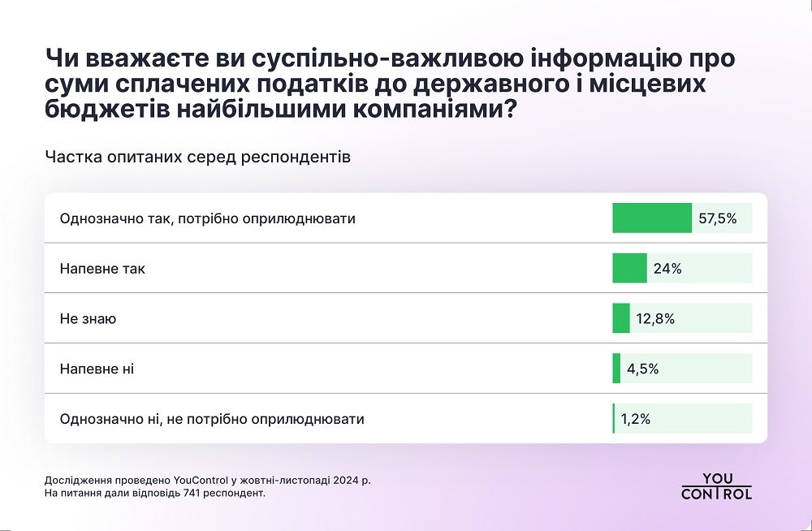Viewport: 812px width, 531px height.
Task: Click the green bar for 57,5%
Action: click(x=651, y=218)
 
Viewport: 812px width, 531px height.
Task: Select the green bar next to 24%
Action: click(x=629, y=269)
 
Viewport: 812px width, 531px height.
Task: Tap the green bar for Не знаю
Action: click(x=621, y=319)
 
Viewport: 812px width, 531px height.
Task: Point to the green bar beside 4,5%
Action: click(x=616, y=369)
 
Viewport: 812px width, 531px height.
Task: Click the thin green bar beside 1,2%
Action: click(x=614, y=419)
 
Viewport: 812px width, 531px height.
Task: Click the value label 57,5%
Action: click(x=717, y=218)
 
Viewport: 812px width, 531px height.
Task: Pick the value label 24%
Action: click(x=666, y=269)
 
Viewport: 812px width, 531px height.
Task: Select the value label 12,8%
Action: click(x=655, y=319)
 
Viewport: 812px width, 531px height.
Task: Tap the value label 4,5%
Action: click(x=642, y=369)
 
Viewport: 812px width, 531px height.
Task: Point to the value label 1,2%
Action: click(x=636, y=420)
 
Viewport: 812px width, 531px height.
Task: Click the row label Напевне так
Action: click(x=102, y=269)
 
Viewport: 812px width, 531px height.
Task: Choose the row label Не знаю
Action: click(x=88, y=319)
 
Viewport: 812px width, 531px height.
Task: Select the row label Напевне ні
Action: click(x=97, y=369)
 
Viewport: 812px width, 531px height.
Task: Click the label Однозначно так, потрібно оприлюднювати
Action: click(x=208, y=219)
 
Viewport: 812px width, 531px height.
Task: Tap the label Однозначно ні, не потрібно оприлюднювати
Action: click(x=212, y=420)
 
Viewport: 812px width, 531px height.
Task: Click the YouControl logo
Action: click(x=716, y=486)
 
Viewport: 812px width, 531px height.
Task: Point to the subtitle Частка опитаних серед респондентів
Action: click(x=198, y=158)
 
